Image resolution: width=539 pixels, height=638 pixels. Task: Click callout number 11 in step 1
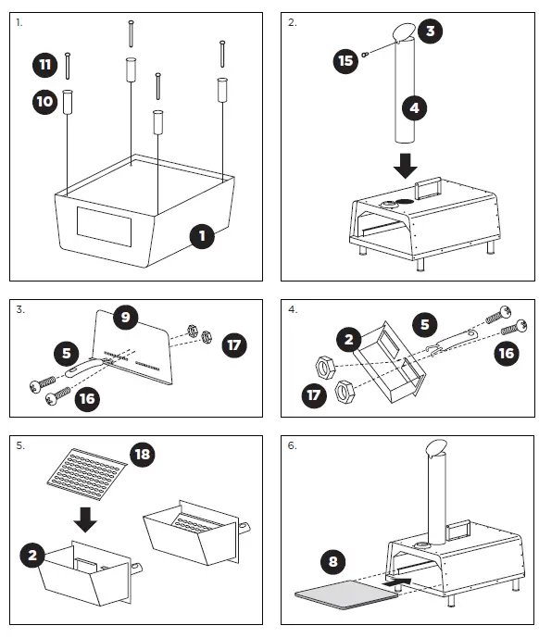[x=45, y=65]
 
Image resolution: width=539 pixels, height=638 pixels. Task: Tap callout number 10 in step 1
[x=45, y=101]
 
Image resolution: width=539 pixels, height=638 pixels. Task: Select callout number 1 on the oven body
[x=202, y=236]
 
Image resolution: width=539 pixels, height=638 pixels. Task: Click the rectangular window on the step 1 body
[x=105, y=227]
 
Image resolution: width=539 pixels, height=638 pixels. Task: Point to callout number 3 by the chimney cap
[x=430, y=31]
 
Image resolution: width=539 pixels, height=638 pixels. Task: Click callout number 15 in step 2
[x=346, y=61]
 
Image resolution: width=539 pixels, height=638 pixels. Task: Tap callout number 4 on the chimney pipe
[x=414, y=107]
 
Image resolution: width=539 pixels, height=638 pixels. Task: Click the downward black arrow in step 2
[x=406, y=166]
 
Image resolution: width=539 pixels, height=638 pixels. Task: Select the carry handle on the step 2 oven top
[x=428, y=188]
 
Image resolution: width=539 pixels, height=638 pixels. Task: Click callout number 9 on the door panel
[x=126, y=317]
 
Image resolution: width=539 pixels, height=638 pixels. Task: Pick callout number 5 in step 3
[x=67, y=353]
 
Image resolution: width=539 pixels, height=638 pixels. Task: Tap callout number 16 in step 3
[x=88, y=399]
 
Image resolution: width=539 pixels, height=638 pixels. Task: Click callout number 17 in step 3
[x=234, y=345]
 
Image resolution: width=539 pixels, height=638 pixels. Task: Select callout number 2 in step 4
[x=349, y=339]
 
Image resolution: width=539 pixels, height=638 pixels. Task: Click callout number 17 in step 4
[x=314, y=395]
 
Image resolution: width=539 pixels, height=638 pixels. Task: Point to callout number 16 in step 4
[x=507, y=353]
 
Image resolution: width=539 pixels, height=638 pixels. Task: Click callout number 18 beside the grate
[x=143, y=454]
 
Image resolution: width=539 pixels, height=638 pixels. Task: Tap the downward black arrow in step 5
[x=85, y=519]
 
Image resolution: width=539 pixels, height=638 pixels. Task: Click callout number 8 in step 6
[x=333, y=561]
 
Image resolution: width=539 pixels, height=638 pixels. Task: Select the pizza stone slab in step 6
[x=346, y=594]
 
